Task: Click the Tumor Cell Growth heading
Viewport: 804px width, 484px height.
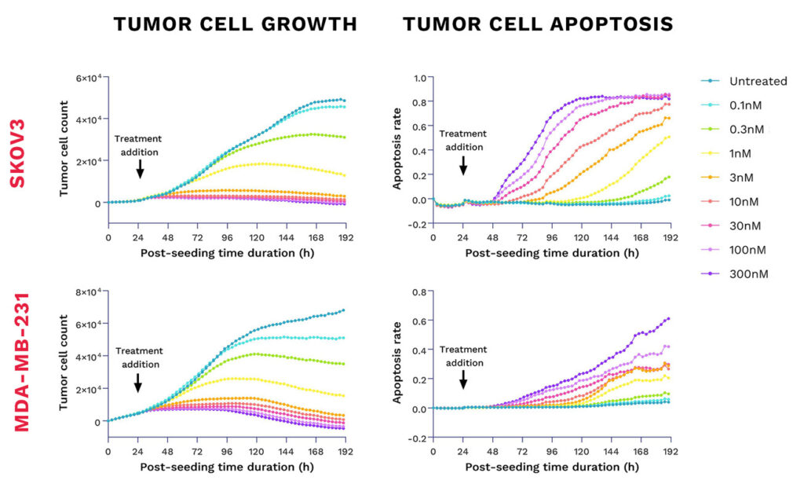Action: coord(235,25)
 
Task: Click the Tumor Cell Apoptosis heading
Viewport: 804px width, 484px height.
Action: coord(538,25)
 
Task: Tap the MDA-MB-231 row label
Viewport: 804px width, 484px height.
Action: coord(17,365)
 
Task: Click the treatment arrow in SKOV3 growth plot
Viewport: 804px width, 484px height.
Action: coord(139,168)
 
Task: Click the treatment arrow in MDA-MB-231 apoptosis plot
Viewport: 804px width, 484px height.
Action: coord(463,379)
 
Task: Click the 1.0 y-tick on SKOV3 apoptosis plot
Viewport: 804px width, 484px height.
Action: coord(417,78)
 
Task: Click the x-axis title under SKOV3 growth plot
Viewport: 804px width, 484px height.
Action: coord(228,253)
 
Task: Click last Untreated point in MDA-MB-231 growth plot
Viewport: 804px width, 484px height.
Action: coord(343,310)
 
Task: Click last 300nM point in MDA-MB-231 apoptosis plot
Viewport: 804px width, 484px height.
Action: coord(668,319)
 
